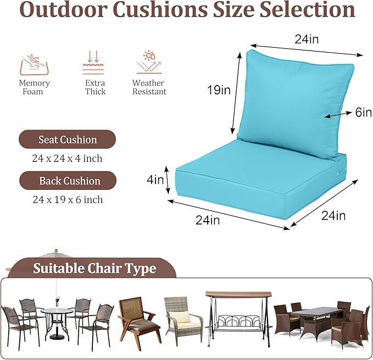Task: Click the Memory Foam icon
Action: point(34,64)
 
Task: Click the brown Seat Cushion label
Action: point(67,139)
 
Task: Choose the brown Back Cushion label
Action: point(68,181)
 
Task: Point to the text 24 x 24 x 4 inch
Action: point(67,159)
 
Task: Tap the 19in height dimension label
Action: point(219,90)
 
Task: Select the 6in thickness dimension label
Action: point(363,113)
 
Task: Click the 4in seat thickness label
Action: point(155,179)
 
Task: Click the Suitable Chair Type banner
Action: point(94,268)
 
